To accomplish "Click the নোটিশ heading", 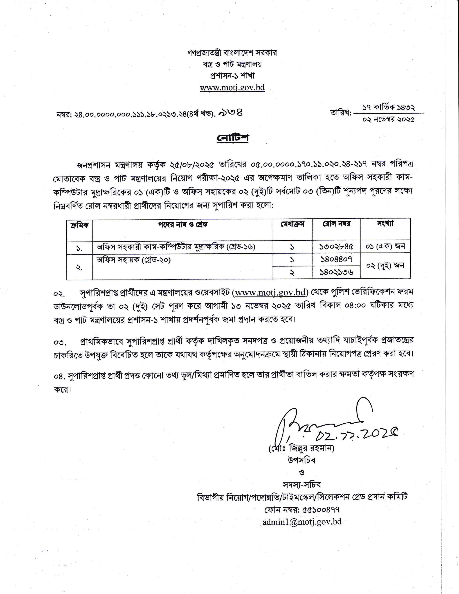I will click(x=233, y=138).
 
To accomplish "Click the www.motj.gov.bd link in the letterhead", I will click(x=232, y=88).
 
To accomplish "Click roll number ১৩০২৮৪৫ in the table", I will click(x=336, y=247).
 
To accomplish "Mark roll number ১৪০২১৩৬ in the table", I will click(x=336, y=272).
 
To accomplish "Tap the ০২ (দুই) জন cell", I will click(x=385, y=266).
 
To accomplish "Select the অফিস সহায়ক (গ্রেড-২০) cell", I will click(x=134, y=260).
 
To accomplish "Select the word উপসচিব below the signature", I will click(x=301, y=460).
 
